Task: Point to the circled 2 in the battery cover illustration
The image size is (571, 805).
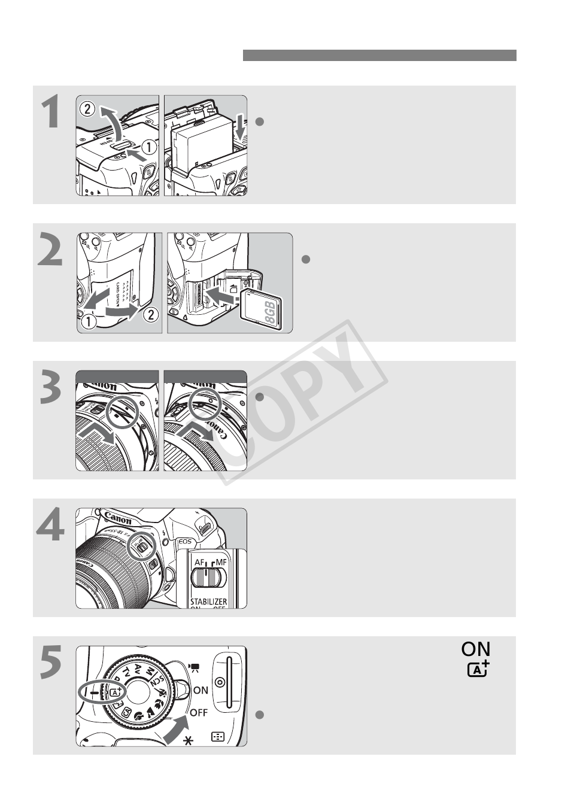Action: pos(87,109)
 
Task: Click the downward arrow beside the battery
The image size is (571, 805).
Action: pos(239,127)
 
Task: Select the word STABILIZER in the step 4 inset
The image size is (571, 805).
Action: pos(204,601)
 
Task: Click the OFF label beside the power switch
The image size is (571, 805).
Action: pos(199,712)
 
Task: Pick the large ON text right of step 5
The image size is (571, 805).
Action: pos(476,649)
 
